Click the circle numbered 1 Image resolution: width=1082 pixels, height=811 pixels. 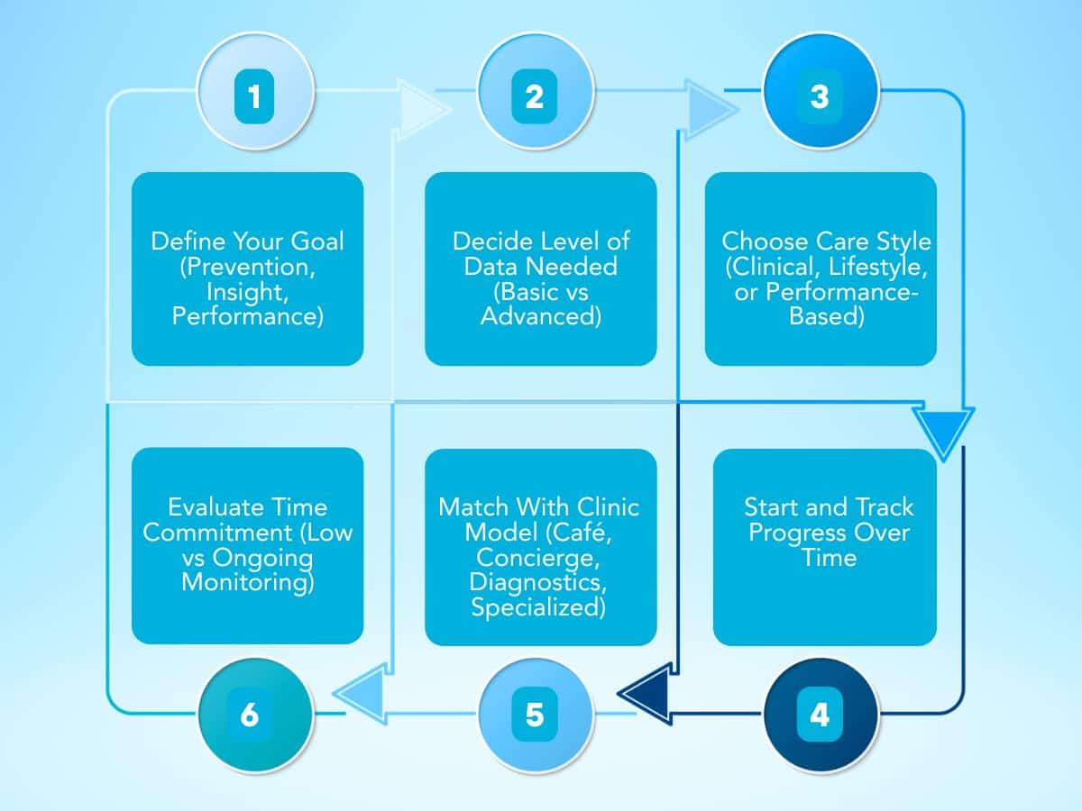(x=255, y=96)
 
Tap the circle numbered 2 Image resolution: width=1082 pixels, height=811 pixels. (x=535, y=96)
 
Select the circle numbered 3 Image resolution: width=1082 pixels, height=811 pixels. (x=819, y=96)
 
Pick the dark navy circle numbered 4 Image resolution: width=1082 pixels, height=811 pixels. (x=819, y=715)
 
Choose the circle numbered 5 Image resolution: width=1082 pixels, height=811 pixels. (x=535, y=715)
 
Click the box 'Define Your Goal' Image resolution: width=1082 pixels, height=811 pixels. (x=248, y=269)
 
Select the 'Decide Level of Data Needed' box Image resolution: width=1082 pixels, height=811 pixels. (x=541, y=269)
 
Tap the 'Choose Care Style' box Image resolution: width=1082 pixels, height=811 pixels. (x=821, y=269)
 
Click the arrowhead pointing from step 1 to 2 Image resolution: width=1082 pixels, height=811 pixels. (x=419, y=110)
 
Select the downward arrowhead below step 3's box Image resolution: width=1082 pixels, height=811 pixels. (x=942, y=431)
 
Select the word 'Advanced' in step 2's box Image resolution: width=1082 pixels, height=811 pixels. (x=540, y=316)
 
